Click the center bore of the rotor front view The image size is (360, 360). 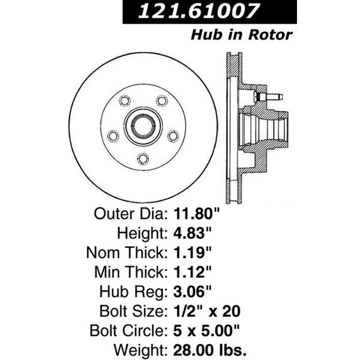point(143,127)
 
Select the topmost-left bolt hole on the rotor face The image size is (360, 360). point(125,101)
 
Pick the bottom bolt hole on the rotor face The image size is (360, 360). point(143,158)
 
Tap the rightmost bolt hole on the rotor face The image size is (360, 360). point(173,136)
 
